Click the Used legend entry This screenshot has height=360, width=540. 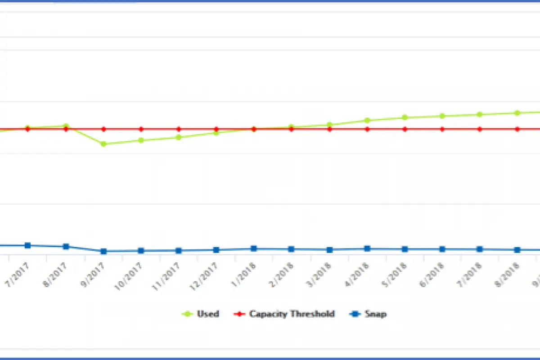click(x=207, y=314)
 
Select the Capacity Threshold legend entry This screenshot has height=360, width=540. click(x=292, y=314)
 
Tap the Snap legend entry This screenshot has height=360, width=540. click(x=375, y=314)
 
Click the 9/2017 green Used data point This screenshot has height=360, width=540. click(x=103, y=144)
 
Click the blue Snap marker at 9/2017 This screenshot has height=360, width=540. click(x=103, y=251)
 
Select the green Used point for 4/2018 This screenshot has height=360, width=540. click(x=367, y=120)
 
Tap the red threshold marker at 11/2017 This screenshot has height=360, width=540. click(x=179, y=129)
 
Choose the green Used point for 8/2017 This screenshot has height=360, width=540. click(x=66, y=126)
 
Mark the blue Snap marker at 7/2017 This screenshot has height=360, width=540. click(x=28, y=245)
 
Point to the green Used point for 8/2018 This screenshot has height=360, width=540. click(x=517, y=113)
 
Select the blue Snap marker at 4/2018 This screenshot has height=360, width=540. click(x=367, y=248)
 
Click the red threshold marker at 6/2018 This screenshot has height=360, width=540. click(x=442, y=129)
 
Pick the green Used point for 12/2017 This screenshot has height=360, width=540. click(x=216, y=133)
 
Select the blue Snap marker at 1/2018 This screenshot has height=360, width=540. click(x=254, y=248)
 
